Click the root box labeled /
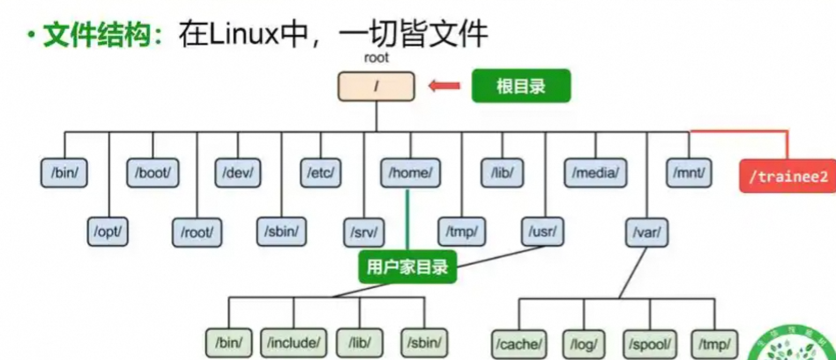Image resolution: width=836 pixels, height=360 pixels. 376,86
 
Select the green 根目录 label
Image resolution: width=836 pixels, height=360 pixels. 521,86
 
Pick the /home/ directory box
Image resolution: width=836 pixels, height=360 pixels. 410,173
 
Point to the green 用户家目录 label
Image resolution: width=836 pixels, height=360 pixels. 407,267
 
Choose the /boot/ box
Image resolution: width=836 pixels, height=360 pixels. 153,173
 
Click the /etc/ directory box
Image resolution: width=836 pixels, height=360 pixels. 320,173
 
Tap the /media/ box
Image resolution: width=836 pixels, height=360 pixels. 595,173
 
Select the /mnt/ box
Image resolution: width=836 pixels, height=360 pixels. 689,173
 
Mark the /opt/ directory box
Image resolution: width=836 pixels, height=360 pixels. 109,232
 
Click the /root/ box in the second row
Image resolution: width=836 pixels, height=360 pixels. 197,232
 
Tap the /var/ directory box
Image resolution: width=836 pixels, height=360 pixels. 646,232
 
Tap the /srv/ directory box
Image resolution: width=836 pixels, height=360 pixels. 364,232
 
